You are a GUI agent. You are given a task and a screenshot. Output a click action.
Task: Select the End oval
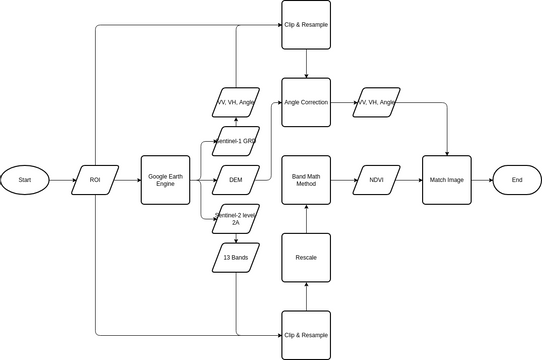[x=516, y=181]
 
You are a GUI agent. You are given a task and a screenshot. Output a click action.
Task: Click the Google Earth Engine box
[x=165, y=181]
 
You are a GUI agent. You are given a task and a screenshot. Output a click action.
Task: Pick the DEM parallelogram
[x=237, y=181]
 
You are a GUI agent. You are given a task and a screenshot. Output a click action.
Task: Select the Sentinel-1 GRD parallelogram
[x=237, y=141]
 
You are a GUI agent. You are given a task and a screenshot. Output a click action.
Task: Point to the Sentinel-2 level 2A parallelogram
[x=237, y=221]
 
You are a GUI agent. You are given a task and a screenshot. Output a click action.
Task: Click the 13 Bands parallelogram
[x=237, y=257]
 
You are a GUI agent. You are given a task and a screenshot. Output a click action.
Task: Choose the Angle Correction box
[x=305, y=102]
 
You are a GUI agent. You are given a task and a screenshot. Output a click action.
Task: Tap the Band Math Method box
[x=305, y=181]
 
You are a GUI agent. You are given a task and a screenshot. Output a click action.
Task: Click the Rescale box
[x=305, y=257]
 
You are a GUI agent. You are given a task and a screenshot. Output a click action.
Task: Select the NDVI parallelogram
[x=377, y=181]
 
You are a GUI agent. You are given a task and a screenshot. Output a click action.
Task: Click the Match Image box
[x=445, y=181]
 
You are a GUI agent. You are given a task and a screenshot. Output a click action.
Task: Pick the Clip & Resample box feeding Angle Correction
[x=305, y=25]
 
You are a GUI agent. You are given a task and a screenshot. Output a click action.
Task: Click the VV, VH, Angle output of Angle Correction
[x=377, y=102]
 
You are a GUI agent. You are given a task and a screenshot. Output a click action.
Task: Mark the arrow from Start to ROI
[x=62, y=181]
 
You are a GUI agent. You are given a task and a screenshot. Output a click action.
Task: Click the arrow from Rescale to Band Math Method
[x=305, y=219]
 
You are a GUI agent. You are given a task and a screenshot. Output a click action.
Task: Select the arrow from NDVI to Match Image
[x=410, y=181]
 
